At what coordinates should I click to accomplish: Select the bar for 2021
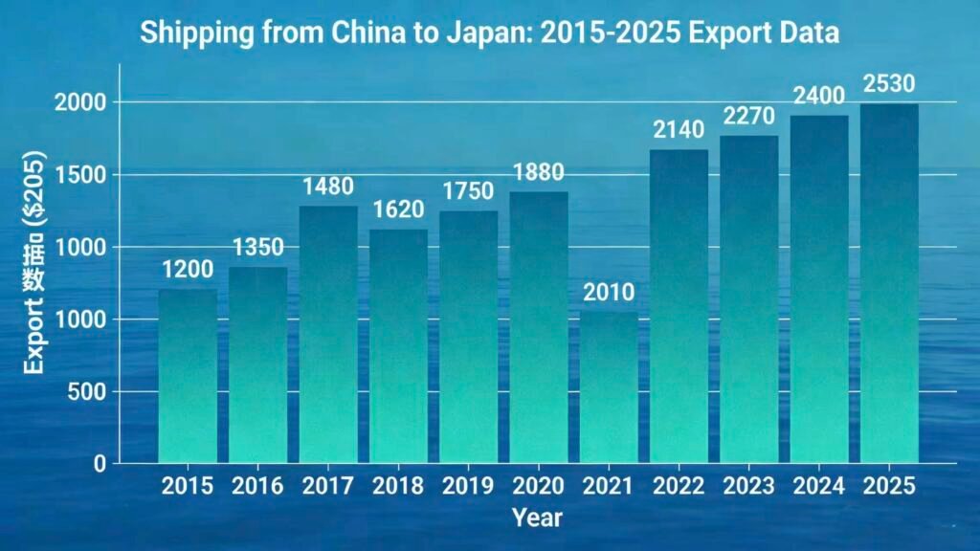pos(609,387)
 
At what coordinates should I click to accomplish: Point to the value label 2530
pos(889,83)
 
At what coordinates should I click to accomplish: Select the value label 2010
pos(609,292)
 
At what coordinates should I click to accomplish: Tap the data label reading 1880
pos(539,172)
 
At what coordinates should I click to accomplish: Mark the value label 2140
pos(679,129)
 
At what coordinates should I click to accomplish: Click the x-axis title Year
pos(537,518)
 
